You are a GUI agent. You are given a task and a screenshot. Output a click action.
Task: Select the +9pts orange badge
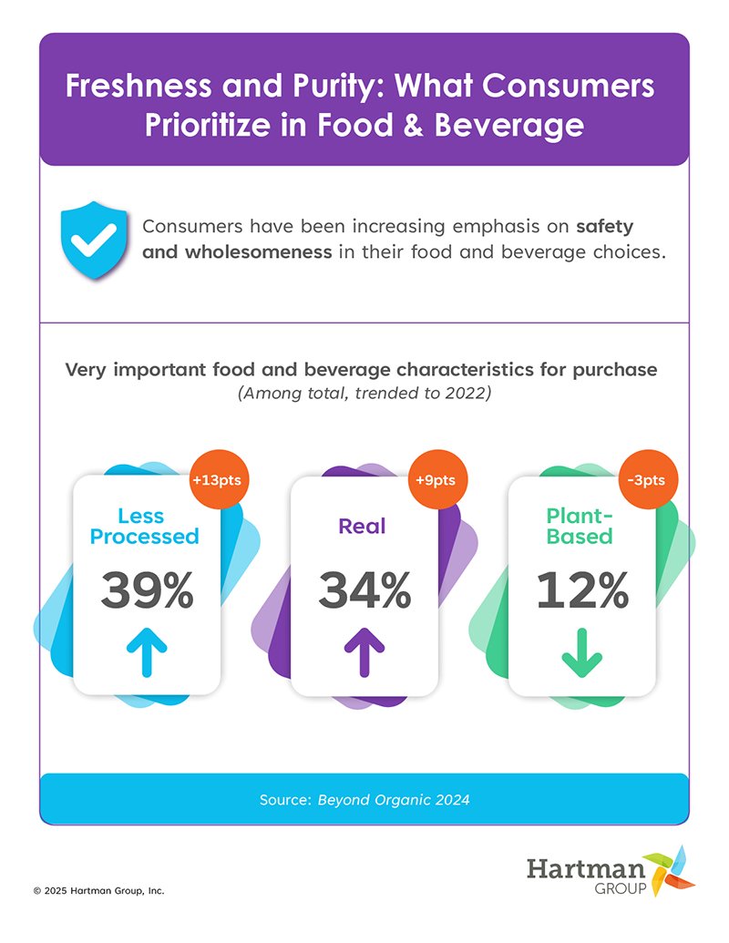pyautogui.click(x=436, y=479)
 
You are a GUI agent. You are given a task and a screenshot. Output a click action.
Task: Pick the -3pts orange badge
pyautogui.click(x=652, y=479)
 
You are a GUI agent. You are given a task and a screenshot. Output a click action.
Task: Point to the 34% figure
pyautogui.click(x=364, y=591)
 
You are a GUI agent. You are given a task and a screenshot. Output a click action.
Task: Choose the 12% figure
pyautogui.click(x=582, y=591)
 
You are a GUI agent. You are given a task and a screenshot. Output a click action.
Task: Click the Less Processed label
pyautogui.click(x=144, y=526)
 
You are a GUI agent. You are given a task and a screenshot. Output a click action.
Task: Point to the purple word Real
pyautogui.click(x=362, y=526)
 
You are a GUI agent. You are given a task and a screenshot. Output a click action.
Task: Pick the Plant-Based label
pyautogui.click(x=580, y=526)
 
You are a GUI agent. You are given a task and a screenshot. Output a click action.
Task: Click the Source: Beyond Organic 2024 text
pyautogui.click(x=364, y=800)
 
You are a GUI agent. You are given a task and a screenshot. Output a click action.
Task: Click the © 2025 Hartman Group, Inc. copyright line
pyautogui.click(x=98, y=890)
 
